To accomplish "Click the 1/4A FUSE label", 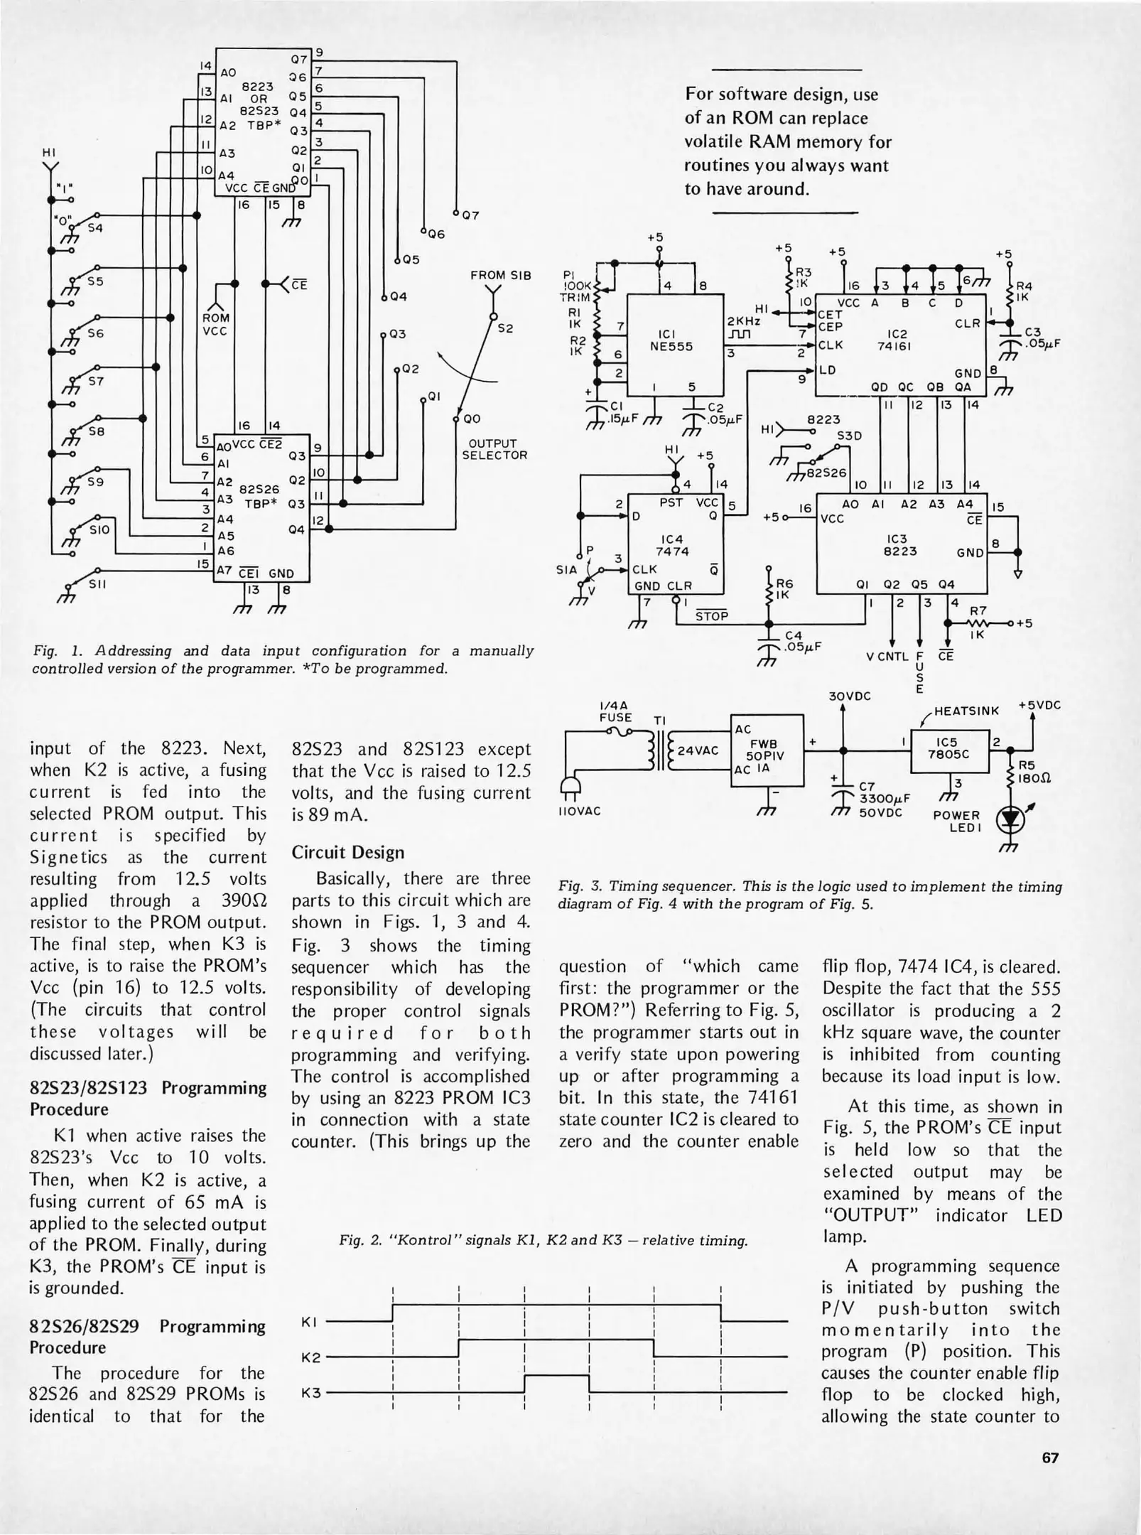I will (x=615, y=711).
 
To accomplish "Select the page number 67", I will (x=1050, y=1458).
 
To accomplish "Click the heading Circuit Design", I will (x=347, y=853).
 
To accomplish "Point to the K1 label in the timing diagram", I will (x=309, y=1322).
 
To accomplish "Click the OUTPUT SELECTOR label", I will (x=494, y=449).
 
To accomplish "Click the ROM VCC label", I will (x=215, y=324).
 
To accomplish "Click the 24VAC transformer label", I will (x=698, y=750).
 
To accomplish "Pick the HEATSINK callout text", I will (x=967, y=711).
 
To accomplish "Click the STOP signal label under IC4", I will (x=711, y=615).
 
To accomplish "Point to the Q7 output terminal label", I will (x=471, y=215).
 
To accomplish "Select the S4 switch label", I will (x=95, y=229).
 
